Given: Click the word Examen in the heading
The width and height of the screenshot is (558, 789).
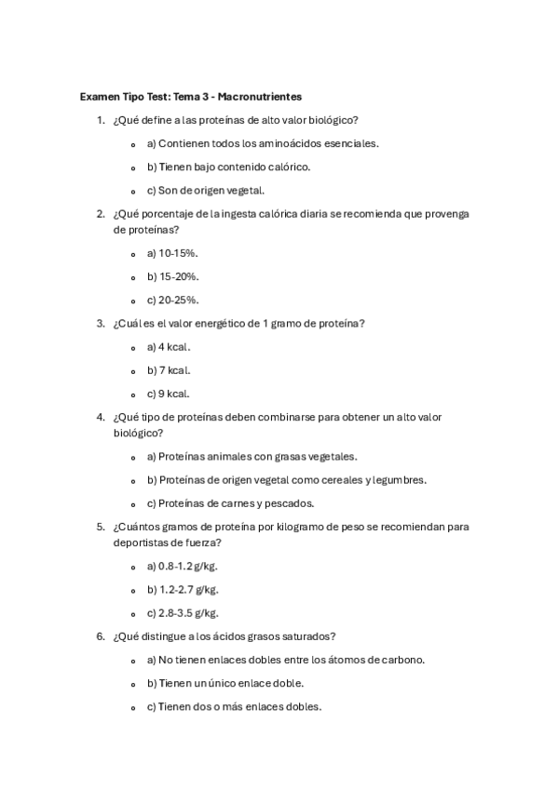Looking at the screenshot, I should tap(99, 97).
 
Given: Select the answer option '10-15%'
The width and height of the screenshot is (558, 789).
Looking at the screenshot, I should tap(172, 253).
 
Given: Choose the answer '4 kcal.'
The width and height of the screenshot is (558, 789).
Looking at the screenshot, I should tap(169, 347).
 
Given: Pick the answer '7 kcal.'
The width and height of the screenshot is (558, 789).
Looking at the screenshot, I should tap(169, 370).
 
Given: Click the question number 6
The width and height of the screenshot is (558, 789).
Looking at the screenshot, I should tap(100, 636).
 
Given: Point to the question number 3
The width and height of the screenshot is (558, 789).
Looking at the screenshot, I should tap(100, 324).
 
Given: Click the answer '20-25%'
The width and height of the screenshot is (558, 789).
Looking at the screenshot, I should tap(172, 300).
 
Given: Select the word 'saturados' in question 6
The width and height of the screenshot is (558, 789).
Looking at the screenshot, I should tap(309, 636).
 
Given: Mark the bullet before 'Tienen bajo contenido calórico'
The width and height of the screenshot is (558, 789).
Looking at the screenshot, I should tap(134, 167).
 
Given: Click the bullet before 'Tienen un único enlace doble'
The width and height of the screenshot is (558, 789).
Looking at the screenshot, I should tap(134, 684).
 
